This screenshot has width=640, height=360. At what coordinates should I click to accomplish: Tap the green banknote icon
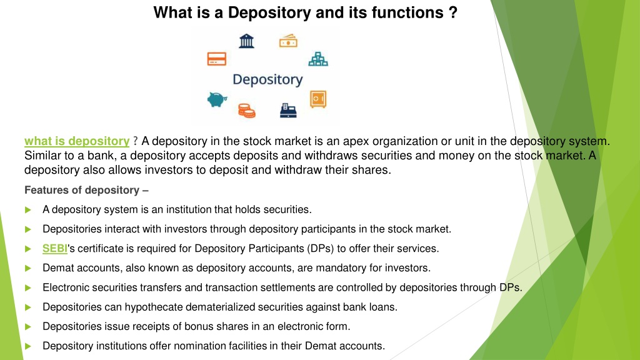[x=288, y=41]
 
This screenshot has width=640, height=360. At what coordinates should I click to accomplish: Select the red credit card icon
[x=216, y=59]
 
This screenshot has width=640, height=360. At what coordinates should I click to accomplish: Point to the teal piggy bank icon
[x=217, y=98]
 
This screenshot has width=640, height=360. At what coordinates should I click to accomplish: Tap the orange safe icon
[x=319, y=99]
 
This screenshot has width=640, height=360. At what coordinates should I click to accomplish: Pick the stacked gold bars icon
[x=318, y=59]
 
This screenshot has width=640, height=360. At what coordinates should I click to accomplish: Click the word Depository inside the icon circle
[x=267, y=80]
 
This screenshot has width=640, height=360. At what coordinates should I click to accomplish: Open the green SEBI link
[x=54, y=249]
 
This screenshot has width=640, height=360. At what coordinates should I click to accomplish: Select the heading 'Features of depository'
[x=86, y=190]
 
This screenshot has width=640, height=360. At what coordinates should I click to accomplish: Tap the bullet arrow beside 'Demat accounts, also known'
[x=28, y=269]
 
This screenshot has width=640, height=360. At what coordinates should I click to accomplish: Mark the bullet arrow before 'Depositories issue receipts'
[x=28, y=327]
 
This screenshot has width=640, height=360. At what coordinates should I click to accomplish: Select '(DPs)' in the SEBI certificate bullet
[x=321, y=249]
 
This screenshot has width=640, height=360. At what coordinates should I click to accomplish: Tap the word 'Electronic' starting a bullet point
[x=66, y=287]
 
